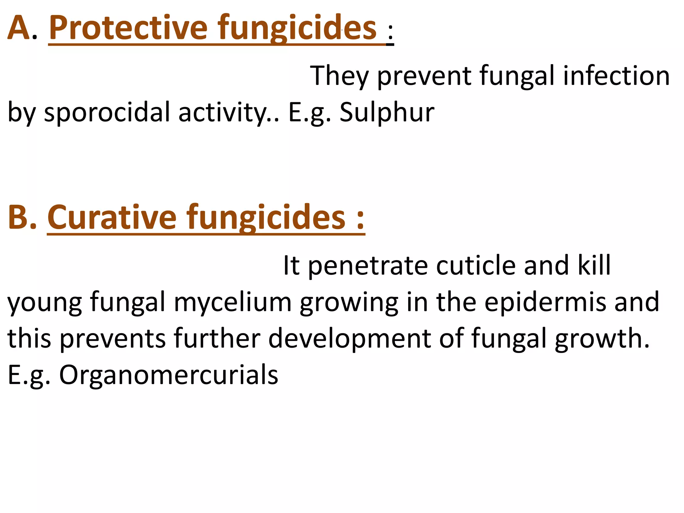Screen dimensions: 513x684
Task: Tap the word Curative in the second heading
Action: tap(112, 217)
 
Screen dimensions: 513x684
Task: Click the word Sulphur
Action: tap(387, 112)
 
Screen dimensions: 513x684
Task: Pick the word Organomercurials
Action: tap(169, 375)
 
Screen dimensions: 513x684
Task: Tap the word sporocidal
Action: tap(107, 112)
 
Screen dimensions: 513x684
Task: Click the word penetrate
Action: tap(368, 266)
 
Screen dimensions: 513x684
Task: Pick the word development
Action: tap(349, 339)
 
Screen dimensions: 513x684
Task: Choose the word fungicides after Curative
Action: tap(266, 217)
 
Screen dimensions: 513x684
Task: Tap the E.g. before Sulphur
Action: tap(309, 112)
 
